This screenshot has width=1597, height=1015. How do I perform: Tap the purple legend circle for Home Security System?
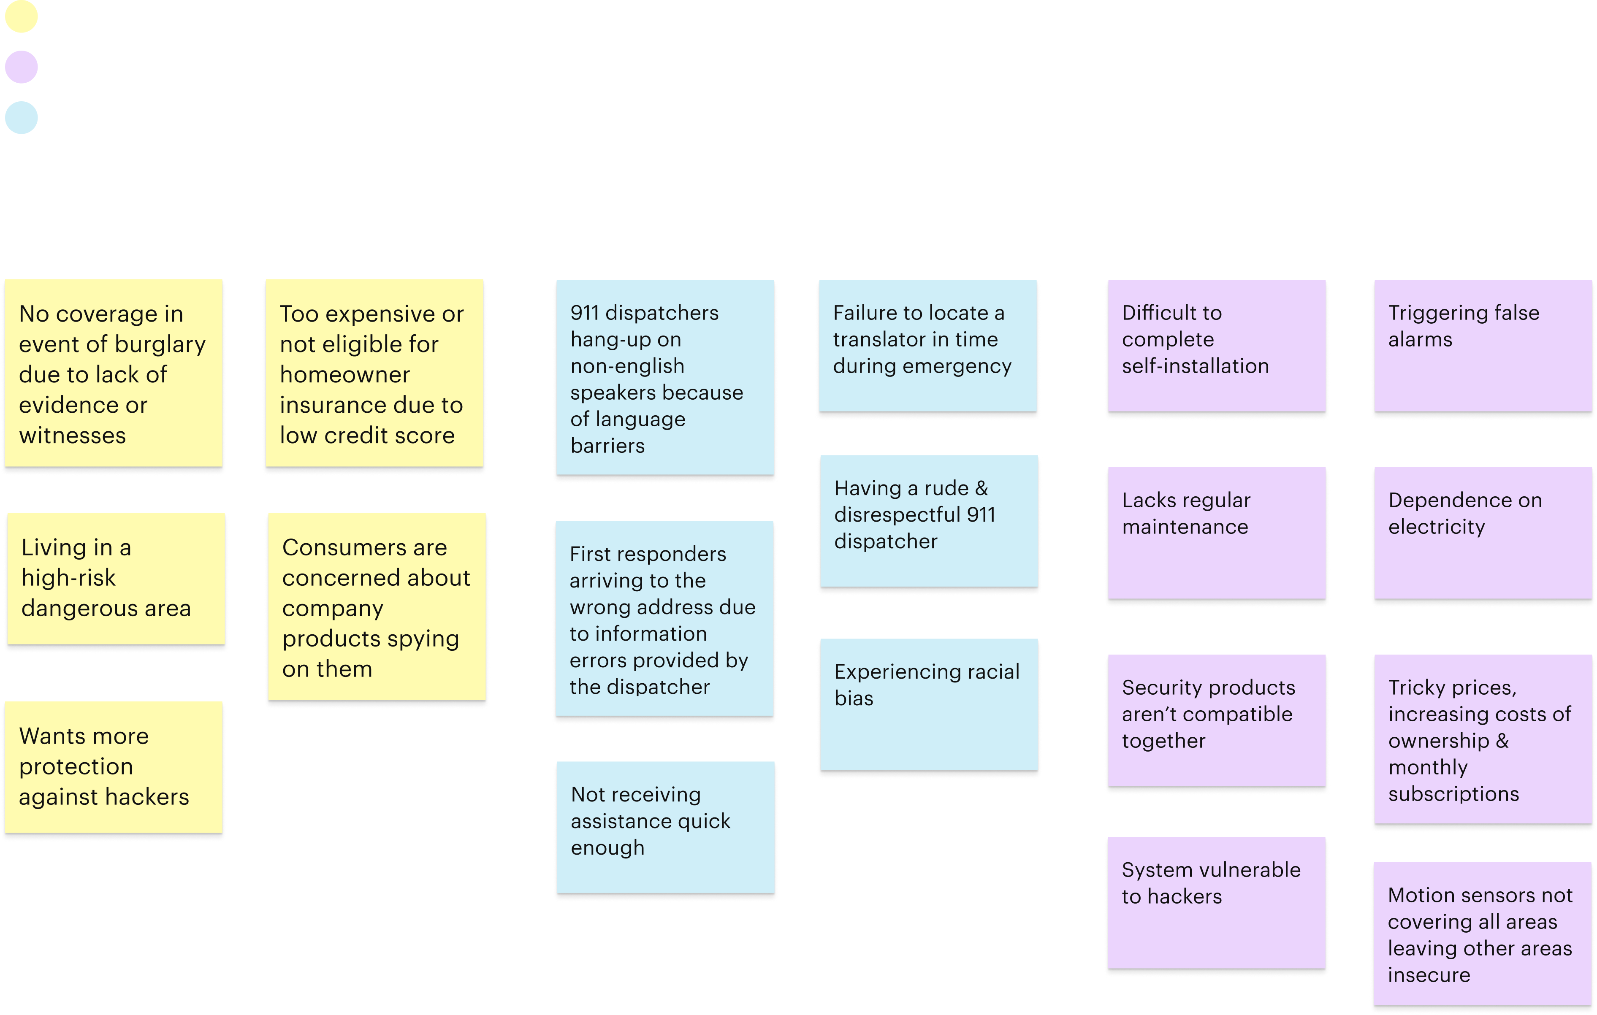[x=21, y=67]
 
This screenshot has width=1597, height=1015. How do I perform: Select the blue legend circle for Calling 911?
[x=21, y=118]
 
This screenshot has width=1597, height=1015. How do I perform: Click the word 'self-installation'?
[x=1195, y=366]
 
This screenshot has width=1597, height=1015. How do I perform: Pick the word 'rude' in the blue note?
[x=945, y=489]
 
